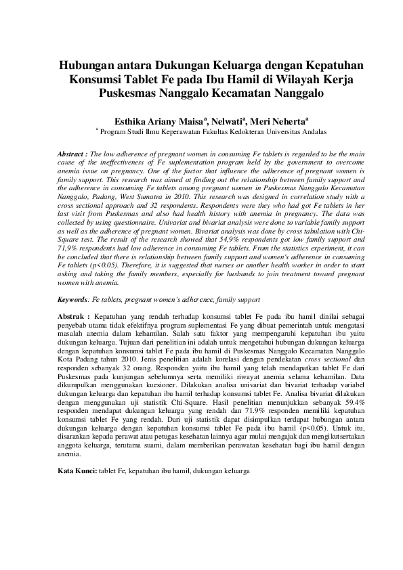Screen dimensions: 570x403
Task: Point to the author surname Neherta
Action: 289,116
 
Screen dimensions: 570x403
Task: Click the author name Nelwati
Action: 226,116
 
